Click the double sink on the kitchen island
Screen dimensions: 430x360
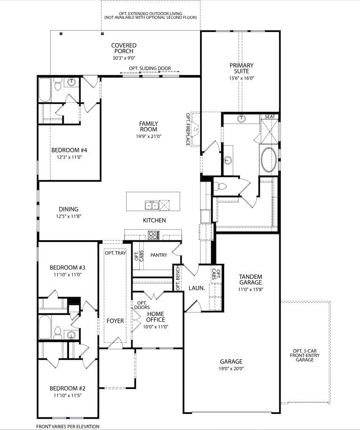152,205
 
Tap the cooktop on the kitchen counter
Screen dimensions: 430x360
154,235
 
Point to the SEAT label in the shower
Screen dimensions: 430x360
270,116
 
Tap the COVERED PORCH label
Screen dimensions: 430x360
124,48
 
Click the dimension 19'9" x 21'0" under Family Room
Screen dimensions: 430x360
148,137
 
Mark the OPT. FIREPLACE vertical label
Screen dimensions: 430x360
187,129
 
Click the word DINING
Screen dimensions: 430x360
69,209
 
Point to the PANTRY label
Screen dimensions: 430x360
159,255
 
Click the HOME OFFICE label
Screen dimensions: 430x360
155,317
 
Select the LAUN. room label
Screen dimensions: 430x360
196,288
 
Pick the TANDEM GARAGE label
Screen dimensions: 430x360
250,280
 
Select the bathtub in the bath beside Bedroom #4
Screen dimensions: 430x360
45,89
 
